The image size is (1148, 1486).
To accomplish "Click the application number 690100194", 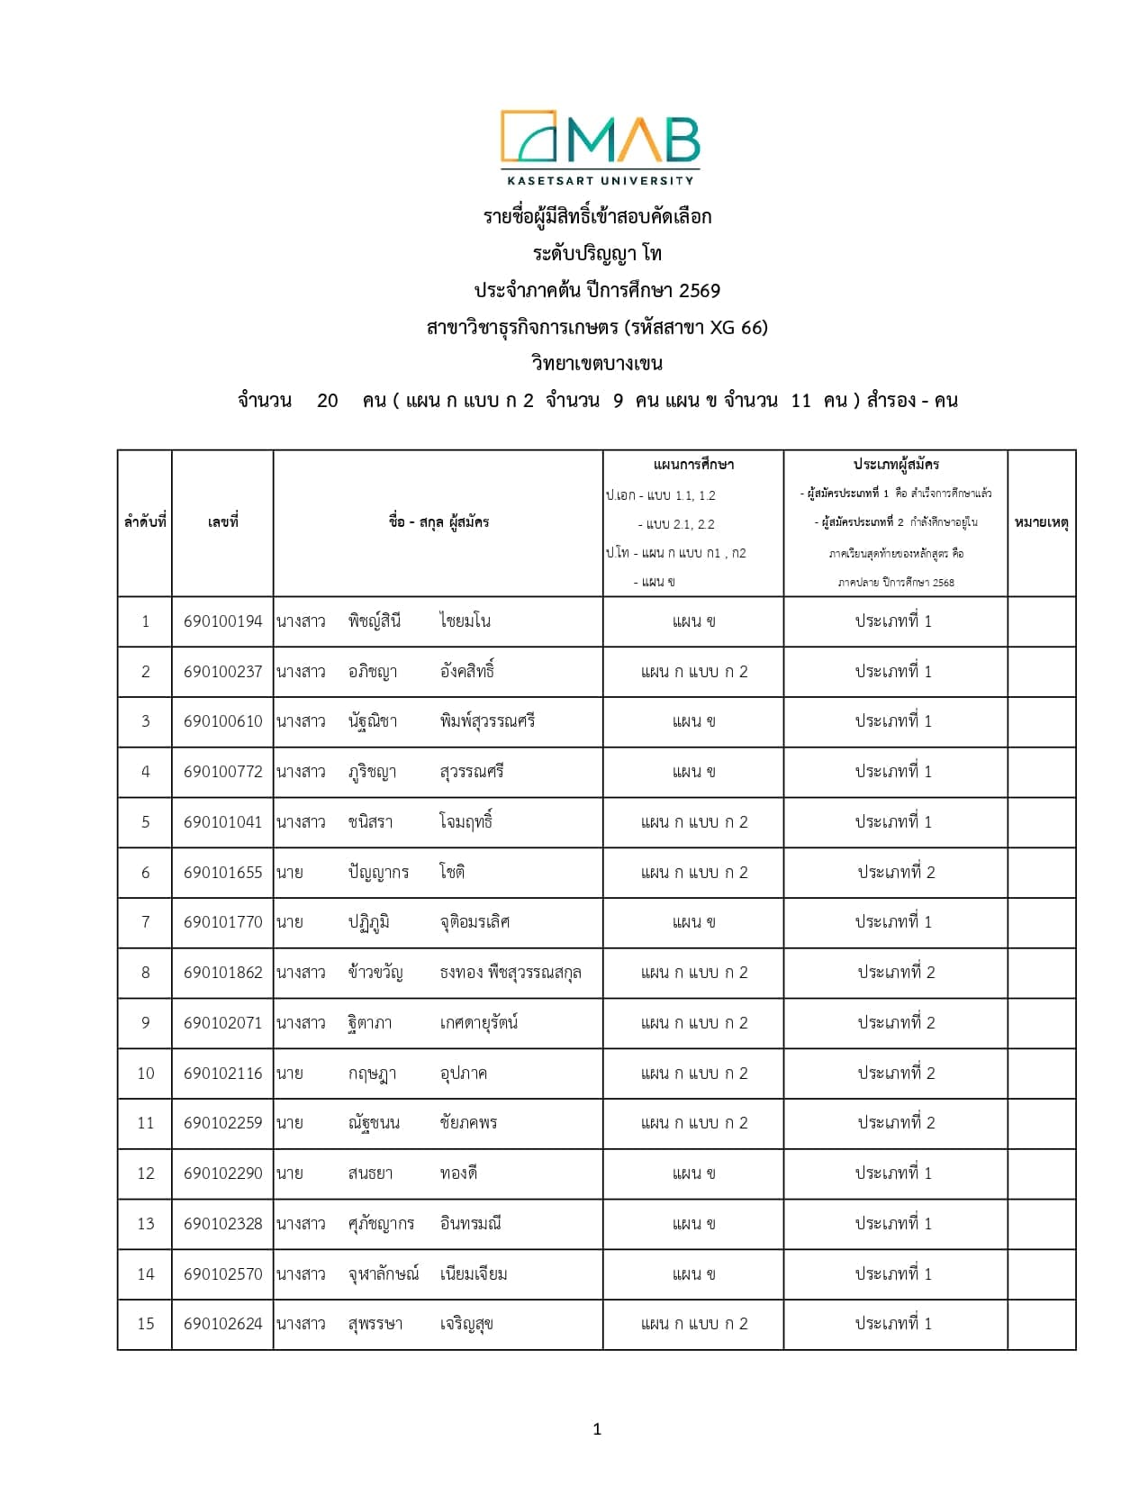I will click(x=222, y=621).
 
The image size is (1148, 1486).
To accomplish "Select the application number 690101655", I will click(x=222, y=872).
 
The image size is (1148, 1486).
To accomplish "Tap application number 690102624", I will click(x=222, y=1324).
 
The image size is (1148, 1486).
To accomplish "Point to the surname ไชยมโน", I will click(x=465, y=621).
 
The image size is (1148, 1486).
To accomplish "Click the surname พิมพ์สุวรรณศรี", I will click(x=487, y=721).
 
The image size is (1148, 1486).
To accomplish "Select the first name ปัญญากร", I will click(x=378, y=872).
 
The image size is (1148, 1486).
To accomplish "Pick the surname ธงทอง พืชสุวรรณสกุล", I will click(x=510, y=973).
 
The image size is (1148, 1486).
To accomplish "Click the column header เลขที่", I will click(x=222, y=522).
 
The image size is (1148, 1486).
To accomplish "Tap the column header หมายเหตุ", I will click(x=1041, y=522).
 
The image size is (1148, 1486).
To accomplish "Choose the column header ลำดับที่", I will click(x=145, y=522).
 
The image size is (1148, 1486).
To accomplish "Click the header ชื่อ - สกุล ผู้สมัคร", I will click(x=438, y=522).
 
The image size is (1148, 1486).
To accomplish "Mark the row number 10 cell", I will click(x=145, y=1074).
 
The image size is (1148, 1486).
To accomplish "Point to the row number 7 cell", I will click(x=145, y=922).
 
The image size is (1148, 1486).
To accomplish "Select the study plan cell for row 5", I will click(x=693, y=822).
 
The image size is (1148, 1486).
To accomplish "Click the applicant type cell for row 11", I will click(x=895, y=1123).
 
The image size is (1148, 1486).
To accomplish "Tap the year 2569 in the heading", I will click(x=700, y=291).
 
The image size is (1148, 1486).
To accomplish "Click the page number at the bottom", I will click(x=597, y=1429).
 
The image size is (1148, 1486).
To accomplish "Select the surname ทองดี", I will click(x=458, y=1173).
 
